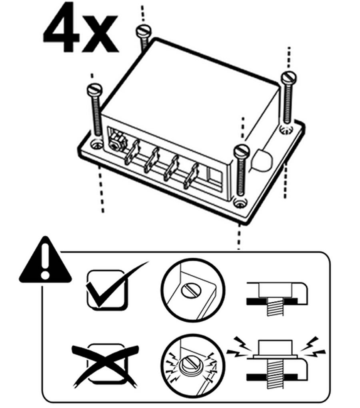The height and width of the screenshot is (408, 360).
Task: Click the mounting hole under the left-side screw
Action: [x=96, y=143]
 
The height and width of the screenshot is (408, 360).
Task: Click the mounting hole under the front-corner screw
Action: [x=240, y=203]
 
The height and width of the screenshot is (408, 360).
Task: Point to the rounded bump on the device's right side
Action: [x=260, y=160]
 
